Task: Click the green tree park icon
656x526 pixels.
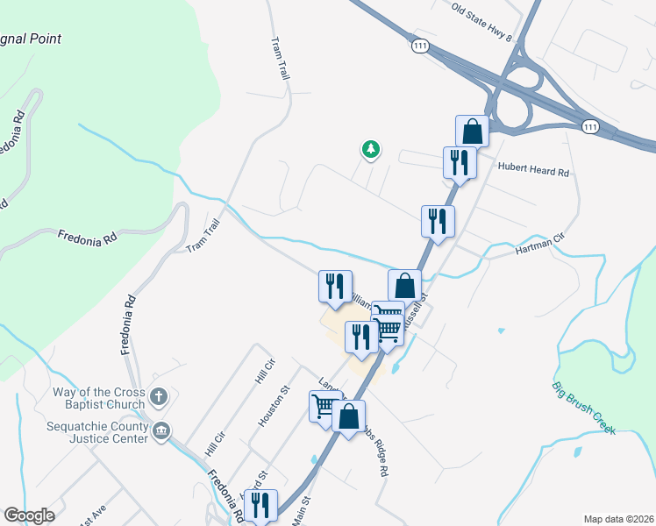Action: [x=371, y=150]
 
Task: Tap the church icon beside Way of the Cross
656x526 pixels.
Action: [x=159, y=397]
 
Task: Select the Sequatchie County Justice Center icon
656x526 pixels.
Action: [x=162, y=430]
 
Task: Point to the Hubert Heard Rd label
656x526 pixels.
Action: [x=533, y=170]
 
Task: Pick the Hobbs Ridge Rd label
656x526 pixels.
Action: [x=374, y=454]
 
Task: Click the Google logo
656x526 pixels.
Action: [x=29, y=515]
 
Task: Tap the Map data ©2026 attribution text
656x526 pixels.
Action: [x=617, y=519]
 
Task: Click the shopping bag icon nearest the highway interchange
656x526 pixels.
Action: [x=472, y=131]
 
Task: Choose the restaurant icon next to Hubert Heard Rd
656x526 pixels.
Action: [x=460, y=162]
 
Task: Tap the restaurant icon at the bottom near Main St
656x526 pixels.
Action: [x=260, y=505]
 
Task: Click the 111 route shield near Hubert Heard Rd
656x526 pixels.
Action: [x=591, y=127]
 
